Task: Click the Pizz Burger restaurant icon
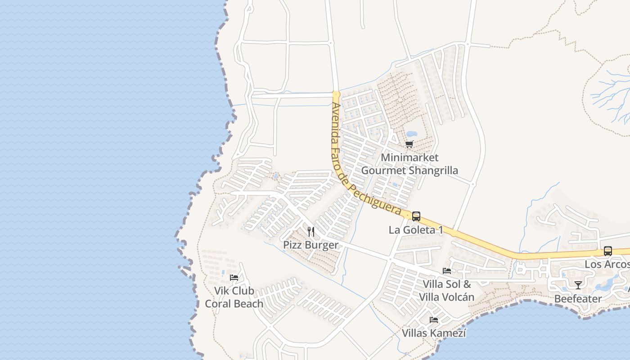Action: (311, 232)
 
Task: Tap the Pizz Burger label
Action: (310, 245)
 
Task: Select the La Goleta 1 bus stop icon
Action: (416, 216)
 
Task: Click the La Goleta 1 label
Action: (416, 230)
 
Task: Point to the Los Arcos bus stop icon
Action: (608, 251)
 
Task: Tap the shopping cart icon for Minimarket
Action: (409, 144)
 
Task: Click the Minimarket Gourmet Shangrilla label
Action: (409, 164)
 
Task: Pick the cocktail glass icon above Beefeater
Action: (578, 285)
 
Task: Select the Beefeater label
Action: (578, 299)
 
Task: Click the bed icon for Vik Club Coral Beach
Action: (234, 277)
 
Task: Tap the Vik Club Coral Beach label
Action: (234, 297)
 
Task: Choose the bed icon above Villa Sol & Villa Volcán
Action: (447, 271)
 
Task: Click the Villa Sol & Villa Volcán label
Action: (447, 291)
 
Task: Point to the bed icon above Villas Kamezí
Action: (434, 320)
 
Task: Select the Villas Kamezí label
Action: (434, 333)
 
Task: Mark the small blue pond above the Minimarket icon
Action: (412, 134)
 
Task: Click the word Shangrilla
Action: (434, 171)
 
